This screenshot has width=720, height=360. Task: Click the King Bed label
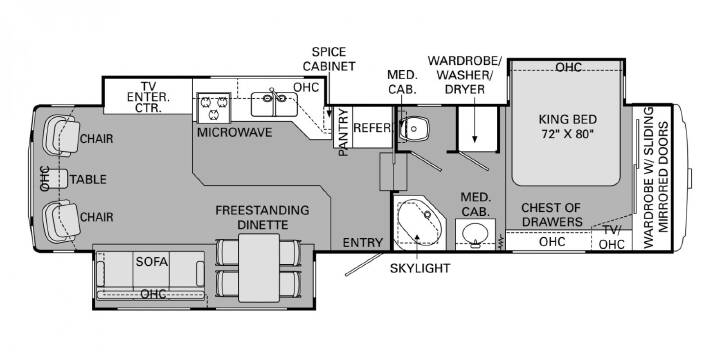tap(568, 128)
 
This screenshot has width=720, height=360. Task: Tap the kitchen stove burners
tap(214, 107)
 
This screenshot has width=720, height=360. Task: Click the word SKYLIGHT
tap(420, 269)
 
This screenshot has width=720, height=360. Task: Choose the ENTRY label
tap(363, 242)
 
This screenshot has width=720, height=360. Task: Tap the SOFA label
tap(152, 262)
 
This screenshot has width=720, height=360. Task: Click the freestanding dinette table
tap(259, 268)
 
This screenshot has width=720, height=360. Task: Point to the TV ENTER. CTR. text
tap(148, 97)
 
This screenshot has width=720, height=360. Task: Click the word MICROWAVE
tap(235, 132)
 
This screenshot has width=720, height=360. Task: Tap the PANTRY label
tap(343, 132)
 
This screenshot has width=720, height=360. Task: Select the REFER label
tap(372, 128)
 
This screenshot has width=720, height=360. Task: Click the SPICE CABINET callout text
tap(329, 59)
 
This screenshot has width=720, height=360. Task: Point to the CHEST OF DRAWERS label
tap(551, 215)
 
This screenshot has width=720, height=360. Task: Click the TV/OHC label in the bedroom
tap(612, 238)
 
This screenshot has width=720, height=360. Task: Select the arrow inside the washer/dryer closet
tap(474, 125)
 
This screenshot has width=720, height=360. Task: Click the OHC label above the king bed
tap(568, 68)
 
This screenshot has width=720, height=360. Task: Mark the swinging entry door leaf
tap(367, 264)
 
